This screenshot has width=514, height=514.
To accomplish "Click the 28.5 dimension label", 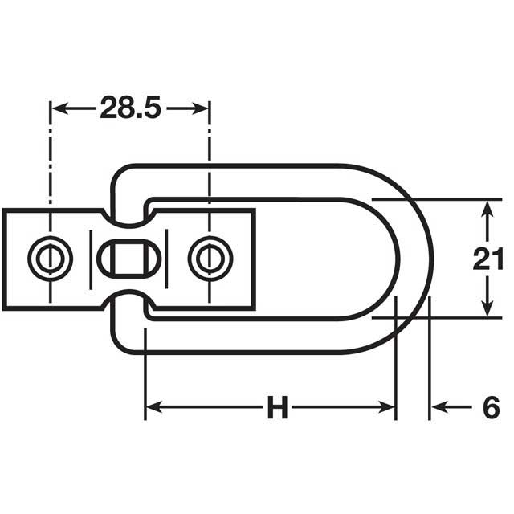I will (x=130, y=108).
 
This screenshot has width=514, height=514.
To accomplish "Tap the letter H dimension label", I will (x=277, y=408).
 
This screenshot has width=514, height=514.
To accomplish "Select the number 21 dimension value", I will (x=488, y=259).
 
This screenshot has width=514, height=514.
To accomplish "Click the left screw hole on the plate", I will (x=51, y=258).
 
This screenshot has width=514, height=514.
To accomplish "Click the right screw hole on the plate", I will (x=210, y=258).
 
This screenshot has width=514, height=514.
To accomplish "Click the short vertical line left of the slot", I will (x=91, y=258).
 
